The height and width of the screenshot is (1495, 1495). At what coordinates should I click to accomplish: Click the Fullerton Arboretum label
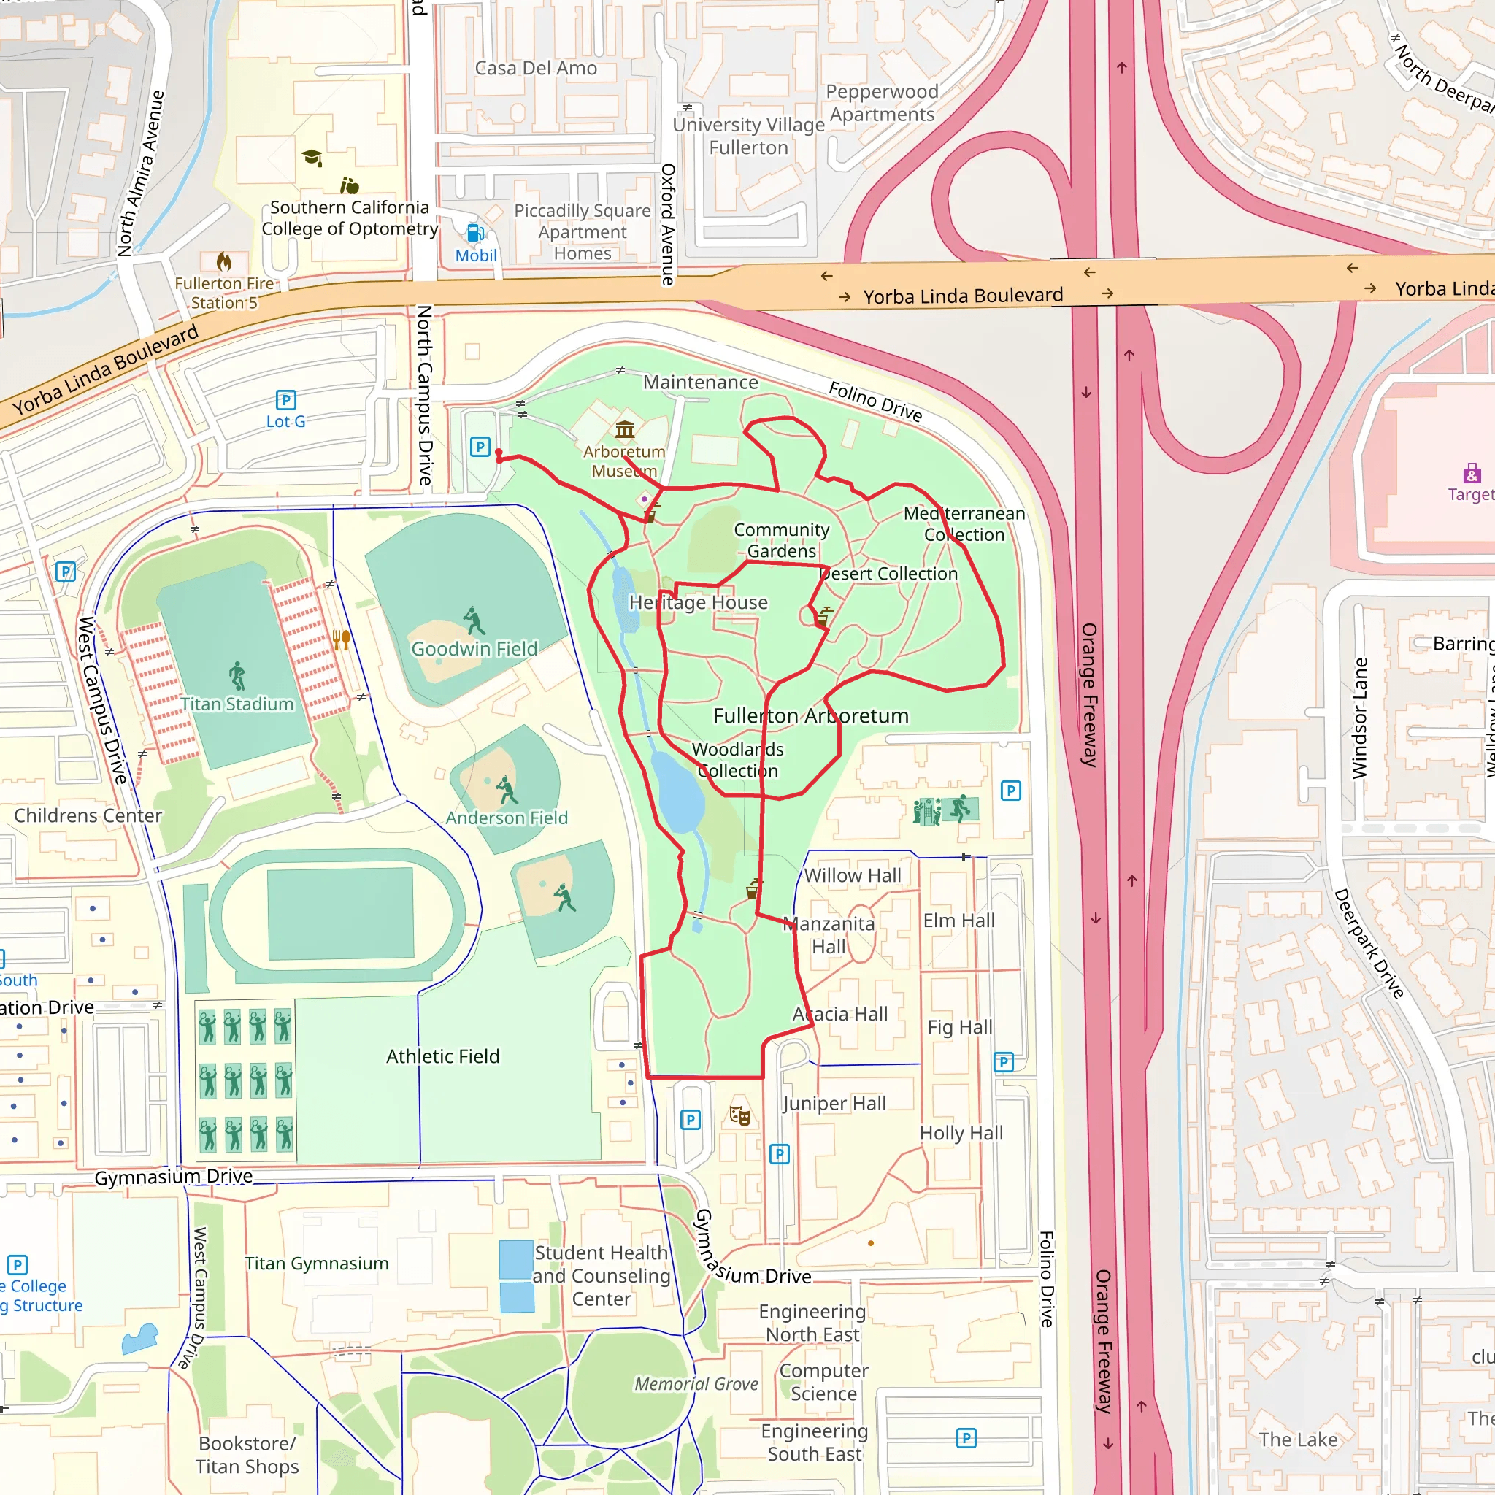[810, 716]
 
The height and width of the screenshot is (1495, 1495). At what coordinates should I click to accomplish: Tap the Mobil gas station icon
[475, 233]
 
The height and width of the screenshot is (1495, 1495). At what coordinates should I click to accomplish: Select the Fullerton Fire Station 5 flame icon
[224, 261]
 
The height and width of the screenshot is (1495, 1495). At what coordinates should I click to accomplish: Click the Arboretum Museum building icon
[624, 428]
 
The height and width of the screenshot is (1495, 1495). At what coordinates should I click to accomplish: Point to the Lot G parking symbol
[285, 400]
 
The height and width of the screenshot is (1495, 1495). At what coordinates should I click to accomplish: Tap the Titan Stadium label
[237, 704]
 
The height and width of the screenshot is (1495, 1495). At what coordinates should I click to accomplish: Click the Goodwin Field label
[474, 648]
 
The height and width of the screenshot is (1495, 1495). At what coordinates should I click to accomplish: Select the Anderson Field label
[507, 818]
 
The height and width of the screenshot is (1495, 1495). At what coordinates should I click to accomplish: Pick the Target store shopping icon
[1472, 473]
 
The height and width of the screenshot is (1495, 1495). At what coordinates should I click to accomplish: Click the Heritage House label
[698, 602]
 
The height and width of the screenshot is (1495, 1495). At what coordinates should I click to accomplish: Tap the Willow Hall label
[853, 875]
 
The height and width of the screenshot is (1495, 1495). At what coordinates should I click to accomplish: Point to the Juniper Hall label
[834, 1104]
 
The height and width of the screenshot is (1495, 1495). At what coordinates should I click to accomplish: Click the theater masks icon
[740, 1115]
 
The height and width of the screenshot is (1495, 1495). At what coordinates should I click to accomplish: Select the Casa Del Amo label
[536, 68]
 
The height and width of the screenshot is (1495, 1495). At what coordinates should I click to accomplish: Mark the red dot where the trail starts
[499, 453]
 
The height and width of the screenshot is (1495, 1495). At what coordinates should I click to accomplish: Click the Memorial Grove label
[696, 1383]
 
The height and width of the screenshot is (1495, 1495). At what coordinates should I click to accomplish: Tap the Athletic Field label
[442, 1056]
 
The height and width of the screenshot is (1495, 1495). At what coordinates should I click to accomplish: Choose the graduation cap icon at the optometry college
[312, 158]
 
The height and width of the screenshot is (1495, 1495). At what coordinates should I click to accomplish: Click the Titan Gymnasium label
[318, 1263]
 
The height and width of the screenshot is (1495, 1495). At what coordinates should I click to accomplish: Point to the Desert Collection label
[888, 573]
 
